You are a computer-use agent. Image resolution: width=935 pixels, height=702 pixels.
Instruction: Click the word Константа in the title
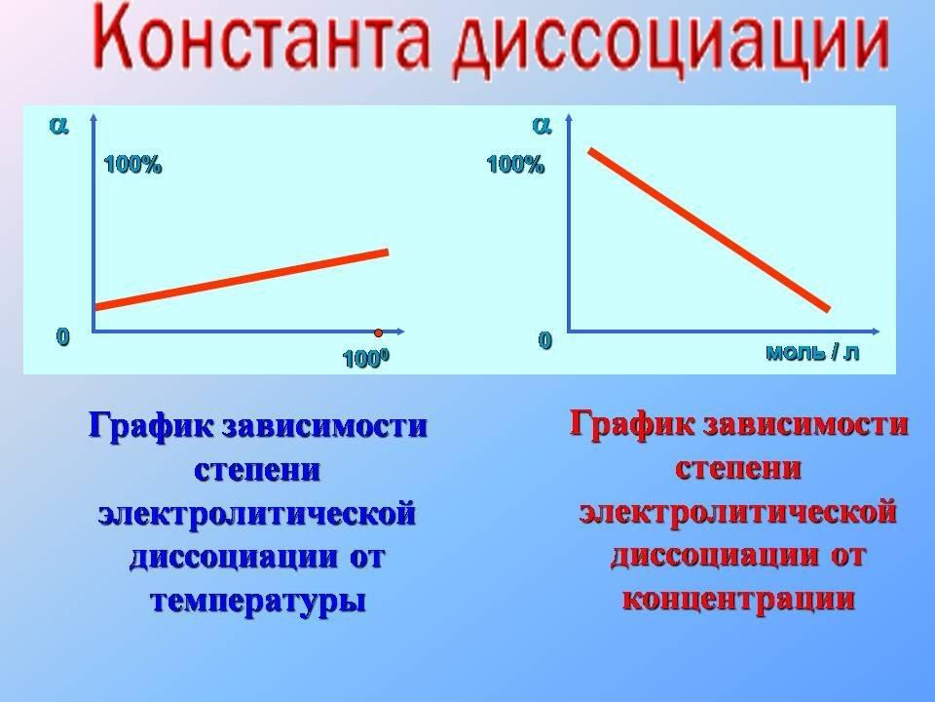coord(261,40)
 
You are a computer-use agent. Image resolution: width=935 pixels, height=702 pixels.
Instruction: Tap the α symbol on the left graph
coord(59,126)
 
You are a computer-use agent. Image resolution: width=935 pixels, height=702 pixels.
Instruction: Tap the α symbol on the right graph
coord(542,126)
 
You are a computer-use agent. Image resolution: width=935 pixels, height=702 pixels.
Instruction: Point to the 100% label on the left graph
coord(132,164)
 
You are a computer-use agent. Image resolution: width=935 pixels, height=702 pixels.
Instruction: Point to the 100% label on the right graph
coord(515,164)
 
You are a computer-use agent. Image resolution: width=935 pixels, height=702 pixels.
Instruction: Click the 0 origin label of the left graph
coord(62,336)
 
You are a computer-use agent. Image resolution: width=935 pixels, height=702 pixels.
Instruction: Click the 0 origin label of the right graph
coord(544,340)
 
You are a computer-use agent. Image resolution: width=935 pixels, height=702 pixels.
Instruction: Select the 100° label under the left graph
coord(365,359)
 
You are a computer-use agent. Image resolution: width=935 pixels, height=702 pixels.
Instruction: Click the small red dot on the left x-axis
coord(378,332)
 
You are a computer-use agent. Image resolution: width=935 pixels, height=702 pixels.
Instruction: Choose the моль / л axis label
coord(812,352)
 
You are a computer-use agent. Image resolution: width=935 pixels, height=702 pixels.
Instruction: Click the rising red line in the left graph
coord(242,280)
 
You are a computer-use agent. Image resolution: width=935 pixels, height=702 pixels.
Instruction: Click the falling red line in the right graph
coord(709,230)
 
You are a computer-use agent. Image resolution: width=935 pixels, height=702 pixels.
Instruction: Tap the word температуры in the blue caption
coord(257,601)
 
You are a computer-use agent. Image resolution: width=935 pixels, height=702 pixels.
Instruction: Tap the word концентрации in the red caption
coord(738,599)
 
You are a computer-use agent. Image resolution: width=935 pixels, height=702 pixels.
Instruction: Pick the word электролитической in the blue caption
coord(257,514)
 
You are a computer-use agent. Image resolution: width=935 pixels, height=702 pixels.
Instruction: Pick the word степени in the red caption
coord(738,469)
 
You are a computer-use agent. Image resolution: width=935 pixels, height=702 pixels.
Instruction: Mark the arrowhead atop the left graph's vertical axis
coord(93,116)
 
